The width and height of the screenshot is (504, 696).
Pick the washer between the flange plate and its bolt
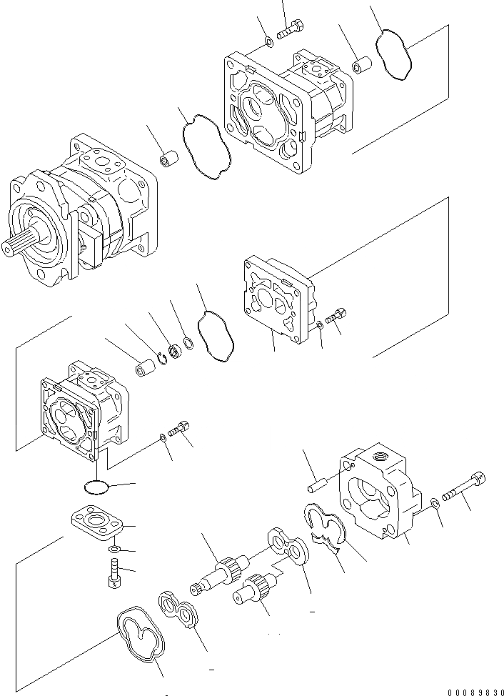[x=114, y=550]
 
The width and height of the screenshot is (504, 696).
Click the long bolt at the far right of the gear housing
[x=464, y=487]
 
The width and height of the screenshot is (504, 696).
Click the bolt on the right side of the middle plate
[x=336, y=315]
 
